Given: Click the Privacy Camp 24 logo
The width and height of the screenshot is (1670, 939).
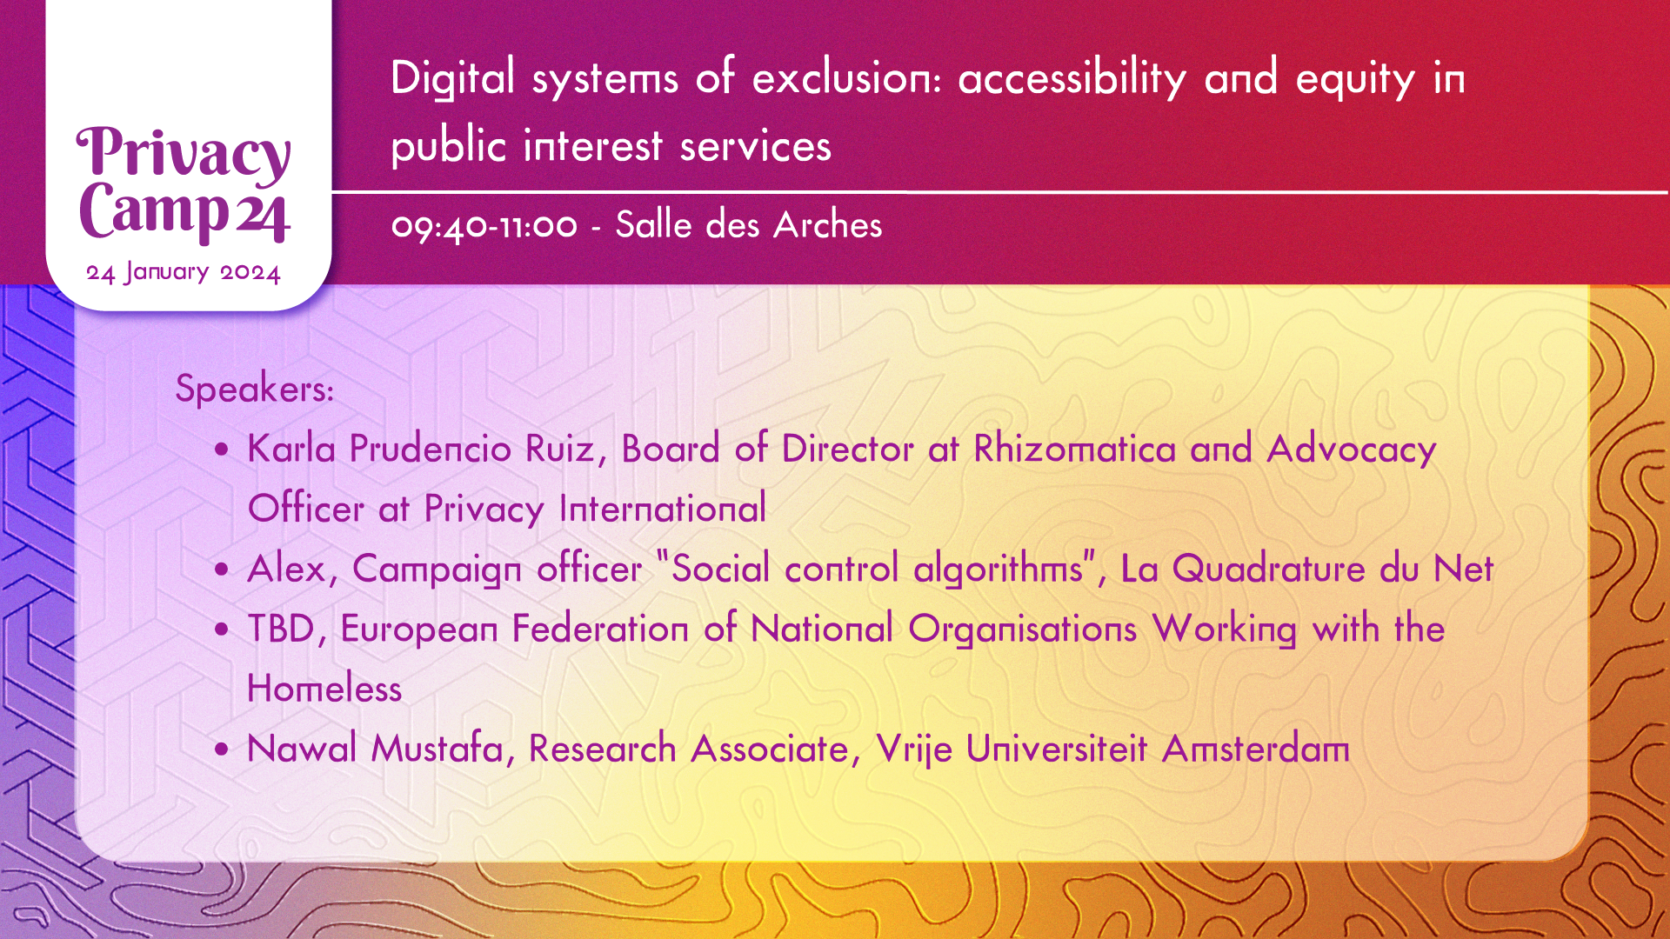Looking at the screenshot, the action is coord(184,183).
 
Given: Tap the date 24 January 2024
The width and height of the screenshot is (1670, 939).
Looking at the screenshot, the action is coord(184,273).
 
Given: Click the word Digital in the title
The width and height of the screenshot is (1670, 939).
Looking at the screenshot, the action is coord(453,78).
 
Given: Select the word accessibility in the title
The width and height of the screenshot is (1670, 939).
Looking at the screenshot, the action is coord(1072,78).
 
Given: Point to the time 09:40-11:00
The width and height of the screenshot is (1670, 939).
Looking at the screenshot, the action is coord(484,226).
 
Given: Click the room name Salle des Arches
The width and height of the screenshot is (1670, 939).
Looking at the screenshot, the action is coord(749,224).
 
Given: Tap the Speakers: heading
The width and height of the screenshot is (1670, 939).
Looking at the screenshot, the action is coord(255,388).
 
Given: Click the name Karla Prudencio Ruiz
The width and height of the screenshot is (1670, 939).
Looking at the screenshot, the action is coord(421,449).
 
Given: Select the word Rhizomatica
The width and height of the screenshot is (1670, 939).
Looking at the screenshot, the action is coord(1075,449).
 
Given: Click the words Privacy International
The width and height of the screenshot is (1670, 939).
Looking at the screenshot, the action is coord(595,509).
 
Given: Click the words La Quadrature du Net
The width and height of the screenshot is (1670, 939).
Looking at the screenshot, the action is coord(1306,569).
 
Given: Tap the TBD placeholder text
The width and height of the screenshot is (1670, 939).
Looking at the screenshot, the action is coord(280,629).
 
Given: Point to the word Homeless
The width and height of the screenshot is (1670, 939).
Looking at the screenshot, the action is coord(324,689).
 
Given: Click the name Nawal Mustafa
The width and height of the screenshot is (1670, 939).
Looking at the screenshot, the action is coord(375,749).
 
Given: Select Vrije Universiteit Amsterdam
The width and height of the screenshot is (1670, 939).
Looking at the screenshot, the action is coord(1112,749).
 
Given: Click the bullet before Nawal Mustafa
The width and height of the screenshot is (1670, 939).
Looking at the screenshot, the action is coord(224,749).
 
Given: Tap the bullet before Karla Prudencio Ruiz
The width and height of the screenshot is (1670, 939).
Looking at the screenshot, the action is coord(224,450).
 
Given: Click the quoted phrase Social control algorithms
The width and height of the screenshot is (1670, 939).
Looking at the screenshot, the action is coord(878,569).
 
